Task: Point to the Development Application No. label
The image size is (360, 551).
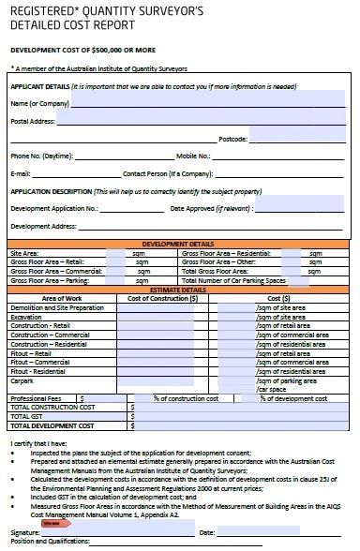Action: point(53,208)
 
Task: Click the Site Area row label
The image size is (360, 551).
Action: point(23,253)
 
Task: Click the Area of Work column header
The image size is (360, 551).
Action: point(56,298)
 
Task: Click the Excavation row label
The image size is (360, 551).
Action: point(26,317)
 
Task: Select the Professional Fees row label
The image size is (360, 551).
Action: point(36,398)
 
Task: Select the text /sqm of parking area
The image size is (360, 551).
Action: point(292,380)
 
